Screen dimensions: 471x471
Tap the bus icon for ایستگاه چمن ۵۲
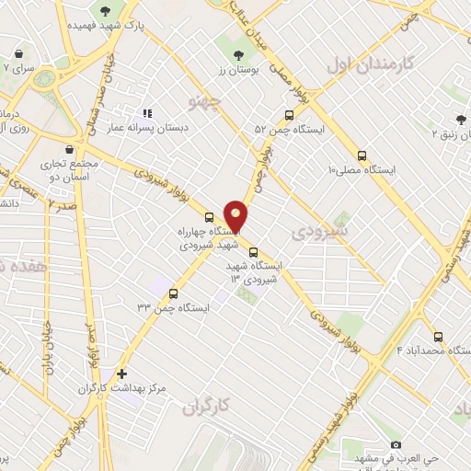tap(290, 117)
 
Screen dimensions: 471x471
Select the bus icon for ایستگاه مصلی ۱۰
tap(362, 156)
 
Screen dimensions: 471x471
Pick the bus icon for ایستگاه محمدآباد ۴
tap(438, 337)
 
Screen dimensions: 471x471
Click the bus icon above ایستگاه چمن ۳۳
tap(173, 293)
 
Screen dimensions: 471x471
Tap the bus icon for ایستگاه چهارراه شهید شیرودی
tap(211, 218)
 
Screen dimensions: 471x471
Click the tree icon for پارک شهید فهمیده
tap(106, 11)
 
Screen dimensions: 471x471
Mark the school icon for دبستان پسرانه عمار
tap(146, 114)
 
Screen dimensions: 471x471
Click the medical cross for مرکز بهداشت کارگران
tap(121, 373)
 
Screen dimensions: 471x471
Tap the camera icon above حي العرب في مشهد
tap(396, 443)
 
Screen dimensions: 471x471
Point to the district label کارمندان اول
tap(366, 66)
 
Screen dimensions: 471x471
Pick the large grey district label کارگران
tap(203, 406)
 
